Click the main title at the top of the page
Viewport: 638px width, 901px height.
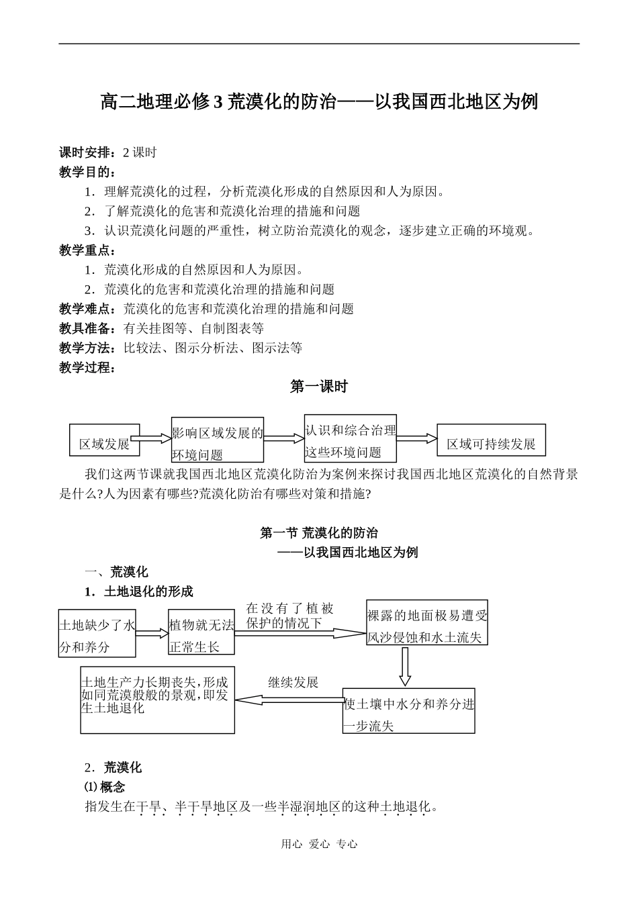click(x=319, y=102)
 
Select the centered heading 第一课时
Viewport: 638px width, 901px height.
click(x=319, y=387)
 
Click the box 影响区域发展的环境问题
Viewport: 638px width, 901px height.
click(x=217, y=442)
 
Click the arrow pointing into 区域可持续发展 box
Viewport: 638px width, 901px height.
click(x=416, y=438)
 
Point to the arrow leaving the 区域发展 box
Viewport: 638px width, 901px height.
click(x=152, y=438)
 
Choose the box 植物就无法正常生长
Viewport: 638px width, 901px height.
click(x=201, y=634)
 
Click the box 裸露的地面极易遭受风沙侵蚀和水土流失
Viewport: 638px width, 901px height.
click(x=427, y=625)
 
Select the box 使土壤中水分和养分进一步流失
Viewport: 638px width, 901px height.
click(x=408, y=712)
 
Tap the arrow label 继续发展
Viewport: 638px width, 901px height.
click(x=293, y=682)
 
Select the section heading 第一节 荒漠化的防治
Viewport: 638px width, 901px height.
click(x=319, y=533)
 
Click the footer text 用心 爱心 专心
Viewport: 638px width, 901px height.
click(x=319, y=845)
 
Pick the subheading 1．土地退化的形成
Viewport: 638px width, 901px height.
click(x=139, y=591)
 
